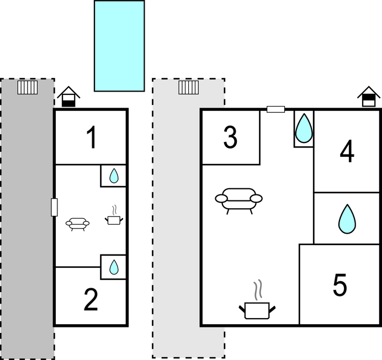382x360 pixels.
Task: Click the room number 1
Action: (x=92, y=138)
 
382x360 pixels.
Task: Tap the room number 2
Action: (x=91, y=300)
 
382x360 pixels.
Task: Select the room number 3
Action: (x=230, y=137)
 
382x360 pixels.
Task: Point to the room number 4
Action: (x=347, y=151)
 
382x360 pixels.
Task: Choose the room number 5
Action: (x=339, y=285)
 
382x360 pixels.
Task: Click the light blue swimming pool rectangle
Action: (x=119, y=46)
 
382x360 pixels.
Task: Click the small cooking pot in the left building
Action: (x=114, y=216)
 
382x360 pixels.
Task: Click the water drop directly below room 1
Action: (x=114, y=176)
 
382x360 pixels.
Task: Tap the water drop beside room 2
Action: (x=114, y=267)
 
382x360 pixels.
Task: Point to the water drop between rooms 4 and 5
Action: (x=347, y=219)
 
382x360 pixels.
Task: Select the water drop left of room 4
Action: (x=304, y=128)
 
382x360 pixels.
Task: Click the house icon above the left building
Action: (x=68, y=97)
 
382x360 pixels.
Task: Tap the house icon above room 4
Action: (x=369, y=97)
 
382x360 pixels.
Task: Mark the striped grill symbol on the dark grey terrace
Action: (x=28, y=87)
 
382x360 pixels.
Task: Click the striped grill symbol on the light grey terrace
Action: (x=188, y=87)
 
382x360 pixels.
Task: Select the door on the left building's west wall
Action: (x=54, y=207)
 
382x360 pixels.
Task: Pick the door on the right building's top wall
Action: (x=276, y=109)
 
